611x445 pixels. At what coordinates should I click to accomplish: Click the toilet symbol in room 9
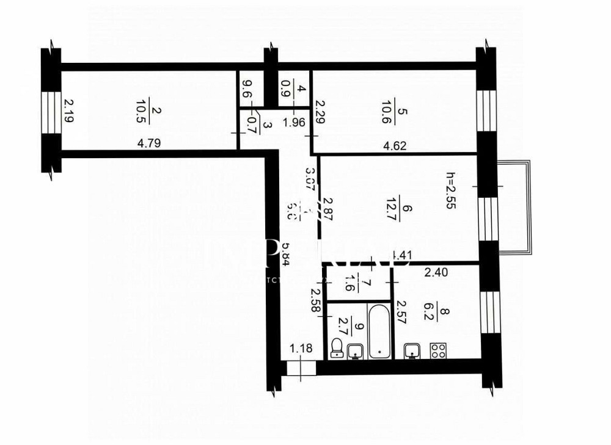(x=335, y=349)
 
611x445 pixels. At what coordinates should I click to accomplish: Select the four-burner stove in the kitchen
(x=438, y=350)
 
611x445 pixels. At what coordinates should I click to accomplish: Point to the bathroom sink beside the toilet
(x=355, y=351)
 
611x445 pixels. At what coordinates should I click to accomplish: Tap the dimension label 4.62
(x=394, y=146)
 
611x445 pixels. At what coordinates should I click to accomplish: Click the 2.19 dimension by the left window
(x=68, y=111)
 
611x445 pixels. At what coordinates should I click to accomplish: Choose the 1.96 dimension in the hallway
(x=294, y=121)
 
